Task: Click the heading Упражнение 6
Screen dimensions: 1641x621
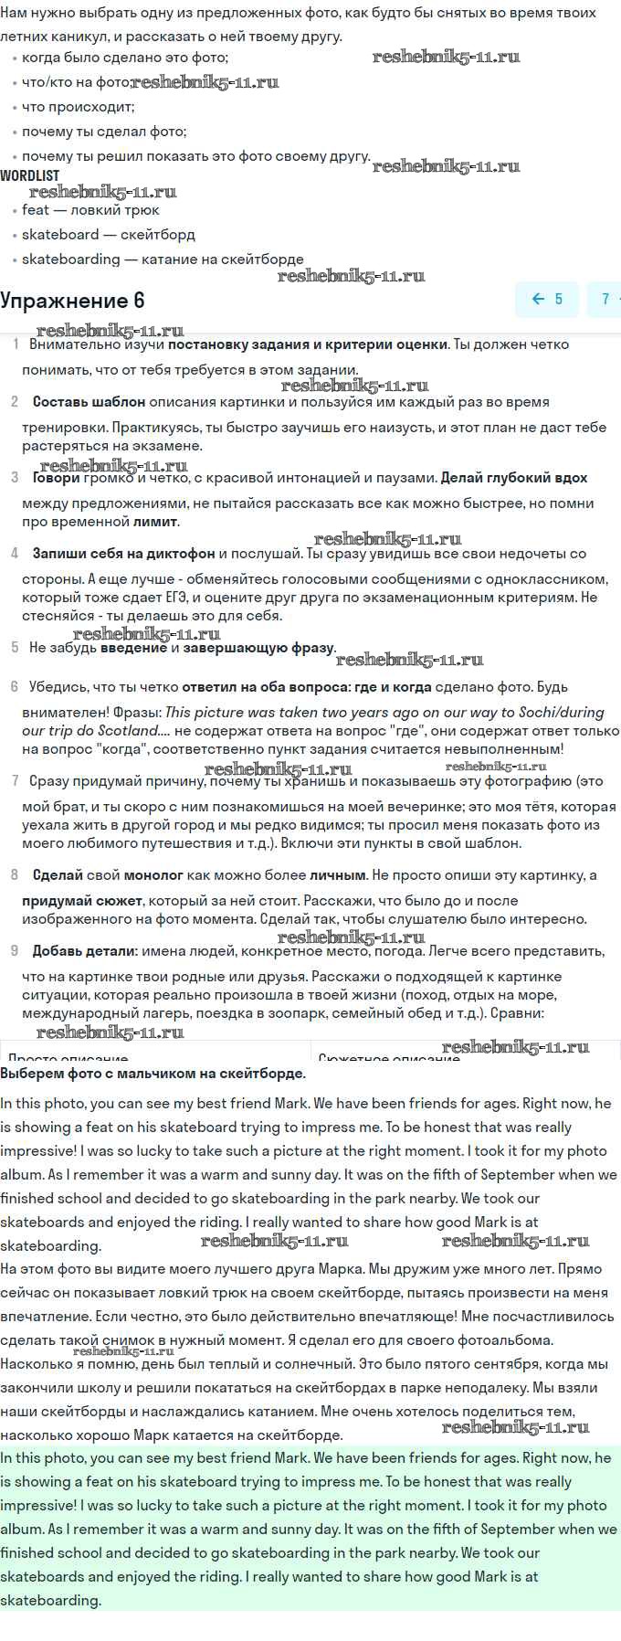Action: point(72,301)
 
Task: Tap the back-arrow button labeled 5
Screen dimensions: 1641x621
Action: point(547,299)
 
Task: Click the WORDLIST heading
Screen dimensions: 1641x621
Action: point(29,175)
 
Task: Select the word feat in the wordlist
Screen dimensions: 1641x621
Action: point(36,210)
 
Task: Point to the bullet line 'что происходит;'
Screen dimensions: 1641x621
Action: point(78,107)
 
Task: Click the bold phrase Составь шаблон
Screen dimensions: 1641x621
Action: point(89,402)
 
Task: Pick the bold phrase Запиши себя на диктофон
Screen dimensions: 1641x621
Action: point(123,554)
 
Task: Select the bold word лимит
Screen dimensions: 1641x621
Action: point(155,522)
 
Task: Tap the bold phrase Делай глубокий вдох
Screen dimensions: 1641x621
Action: point(513,478)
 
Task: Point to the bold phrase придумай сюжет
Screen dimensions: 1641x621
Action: point(82,901)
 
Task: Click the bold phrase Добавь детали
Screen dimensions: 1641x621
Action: point(85,951)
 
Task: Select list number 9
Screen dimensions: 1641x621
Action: point(14,951)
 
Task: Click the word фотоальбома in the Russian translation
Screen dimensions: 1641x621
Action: point(510,1340)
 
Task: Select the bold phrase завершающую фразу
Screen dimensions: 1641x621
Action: point(259,648)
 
